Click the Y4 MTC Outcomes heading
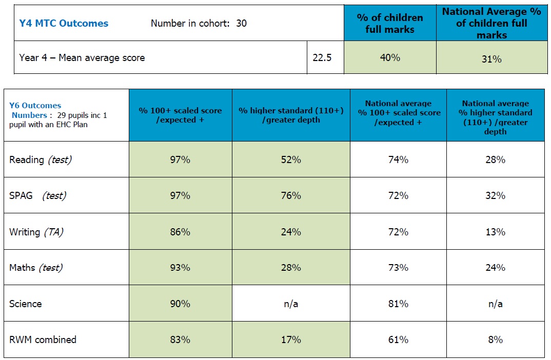[x=64, y=23]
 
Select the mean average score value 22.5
[x=322, y=57]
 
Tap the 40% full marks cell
[x=390, y=57]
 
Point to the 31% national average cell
[x=491, y=59]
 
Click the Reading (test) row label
[x=41, y=159]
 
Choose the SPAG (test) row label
[x=37, y=195]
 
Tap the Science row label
[x=26, y=304]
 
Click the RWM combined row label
[x=43, y=339]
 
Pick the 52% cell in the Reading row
[x=291, y=159]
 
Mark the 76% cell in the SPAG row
[x=291, y=195]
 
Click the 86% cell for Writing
[x=180, y=232]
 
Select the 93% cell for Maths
[x=180, y=268]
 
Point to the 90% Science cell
[x=180, y=304]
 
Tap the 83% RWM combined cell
[x=180, y=339]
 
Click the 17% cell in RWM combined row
[x=291, y=339]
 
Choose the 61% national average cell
[x=399, y=339]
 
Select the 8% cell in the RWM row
[x=496, y=339]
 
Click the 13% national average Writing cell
[x=496, y=232]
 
